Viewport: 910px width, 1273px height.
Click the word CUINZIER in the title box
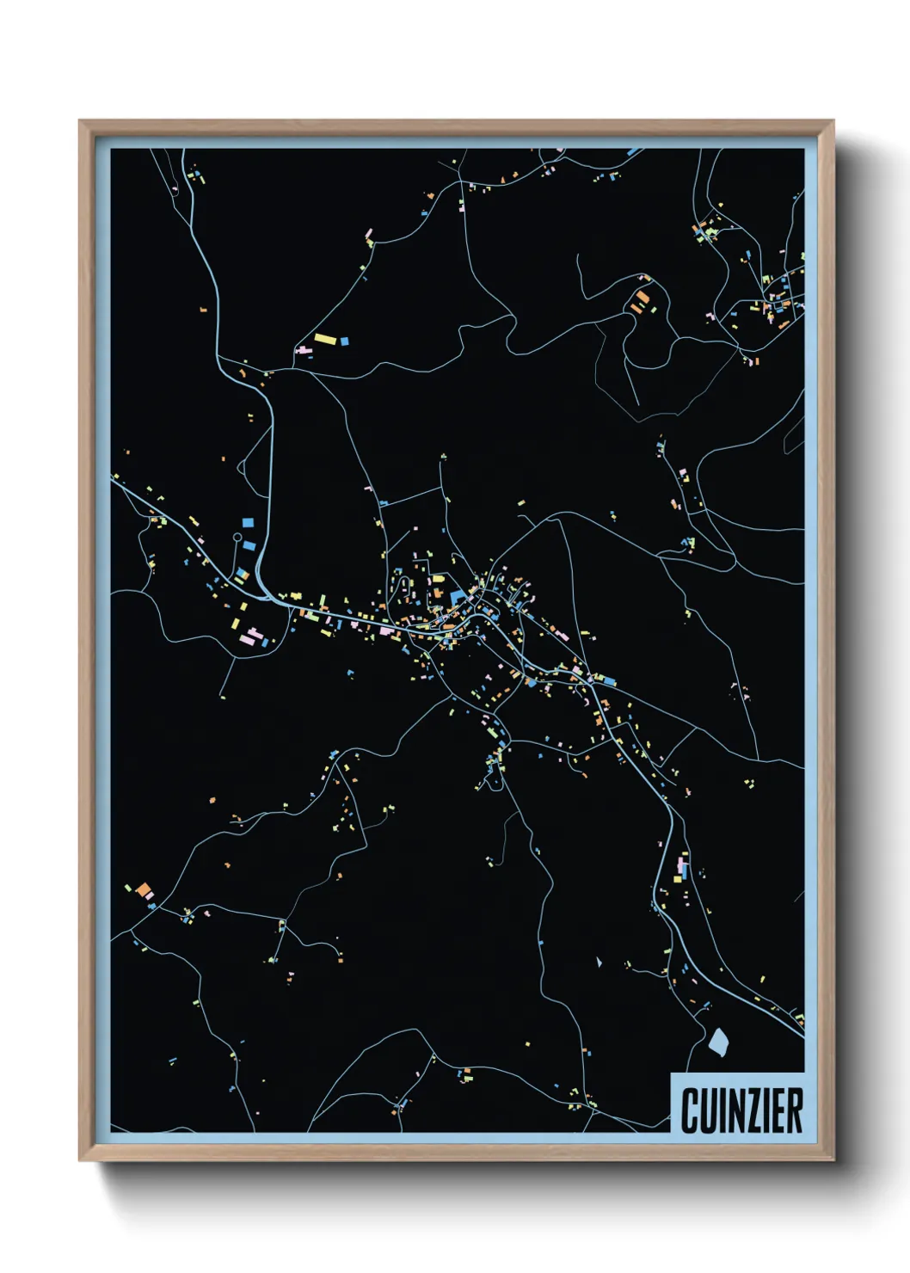(741, 1110)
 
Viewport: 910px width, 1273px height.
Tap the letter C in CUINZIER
(690, 1110)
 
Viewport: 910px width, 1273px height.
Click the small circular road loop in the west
(237, 537)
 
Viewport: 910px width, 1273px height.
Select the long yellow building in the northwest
(325, 339)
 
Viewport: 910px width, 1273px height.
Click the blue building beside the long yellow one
(345, 341)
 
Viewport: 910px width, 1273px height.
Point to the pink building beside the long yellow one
(304, 350)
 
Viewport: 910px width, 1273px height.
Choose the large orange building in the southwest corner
(143, 889)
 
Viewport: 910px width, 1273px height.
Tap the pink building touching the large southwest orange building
(150, 897)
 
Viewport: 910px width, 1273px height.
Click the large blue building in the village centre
(457, 597)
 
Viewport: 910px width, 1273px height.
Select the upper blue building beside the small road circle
(249, 522)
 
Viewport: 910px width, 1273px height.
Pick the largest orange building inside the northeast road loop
(642, 298)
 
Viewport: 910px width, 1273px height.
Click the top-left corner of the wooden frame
(81, 122)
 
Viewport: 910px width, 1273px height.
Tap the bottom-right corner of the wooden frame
(832, 1160)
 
